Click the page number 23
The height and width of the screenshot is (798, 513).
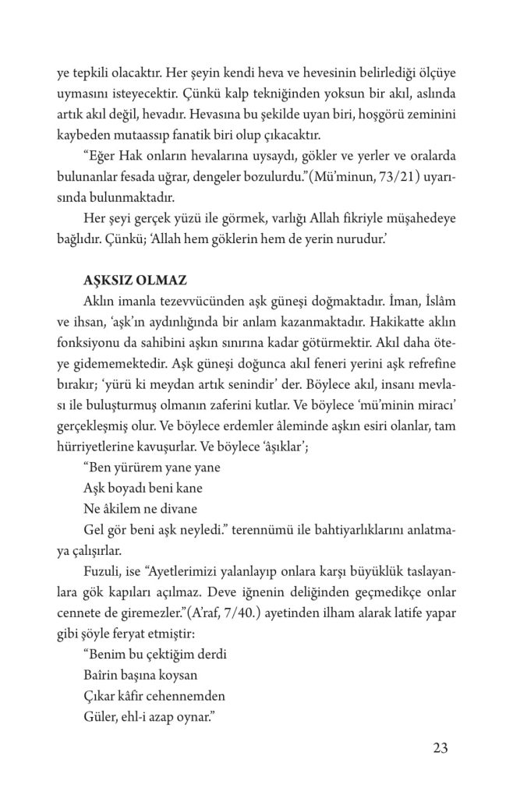439,749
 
